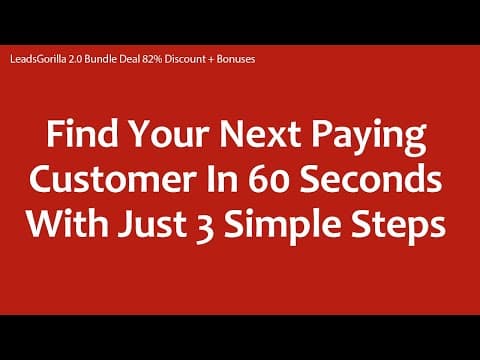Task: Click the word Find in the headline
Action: pyautogui.click(x=82, y=134)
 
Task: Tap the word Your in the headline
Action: pyautogui.click(x=169, y=134)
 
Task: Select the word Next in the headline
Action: pyautogui.click(x=260, y=134)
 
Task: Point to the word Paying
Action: pyautogui.click(x=369, y=138)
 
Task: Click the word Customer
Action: pyautogui.click(x=112, y=179)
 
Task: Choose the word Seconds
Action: pyautogui.click(x=371, y=179)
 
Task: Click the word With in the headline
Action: pyautogui.click(x=68, y=223)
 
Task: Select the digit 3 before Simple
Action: pyautogui.click(x=205, y=227)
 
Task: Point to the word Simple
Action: pyautogui.click(x=283, y=227)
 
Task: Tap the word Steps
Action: pyautogui.click(x=399, y=227)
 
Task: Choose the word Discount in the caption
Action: pyautogui.click(x=185, y=59)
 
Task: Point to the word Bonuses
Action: pyautogui.click(x=236, y=59)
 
